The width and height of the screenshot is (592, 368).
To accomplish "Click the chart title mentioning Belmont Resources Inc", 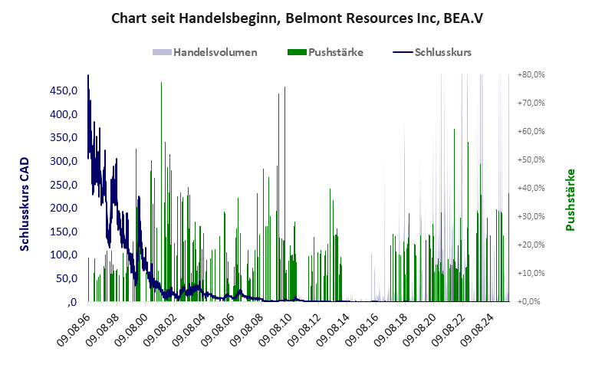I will point(295,17).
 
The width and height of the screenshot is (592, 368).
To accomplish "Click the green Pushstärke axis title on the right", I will point(570,200).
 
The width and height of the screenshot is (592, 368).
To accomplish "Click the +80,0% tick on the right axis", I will point(531,75).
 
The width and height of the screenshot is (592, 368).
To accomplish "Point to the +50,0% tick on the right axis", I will point(531,160).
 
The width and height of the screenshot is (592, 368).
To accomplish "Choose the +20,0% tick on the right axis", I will point(531,245).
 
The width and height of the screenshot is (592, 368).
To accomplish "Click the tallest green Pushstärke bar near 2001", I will point(161,84).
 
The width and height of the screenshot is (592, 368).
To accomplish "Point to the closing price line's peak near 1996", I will point(88,77).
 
